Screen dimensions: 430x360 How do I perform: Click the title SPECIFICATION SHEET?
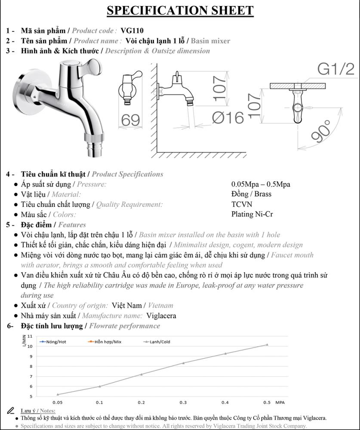coord(180,11)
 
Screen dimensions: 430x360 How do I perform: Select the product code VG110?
coord(132,31)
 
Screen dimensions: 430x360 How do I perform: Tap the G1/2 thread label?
coord(335,69)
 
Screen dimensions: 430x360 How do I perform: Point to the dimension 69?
coord(131,120)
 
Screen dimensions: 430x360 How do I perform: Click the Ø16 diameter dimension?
coord(228,117)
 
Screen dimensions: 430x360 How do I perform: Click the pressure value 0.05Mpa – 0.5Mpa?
coord(261,184)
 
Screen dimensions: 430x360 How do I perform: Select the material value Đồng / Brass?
coord(251,194)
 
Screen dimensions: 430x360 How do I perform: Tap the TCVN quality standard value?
coord(242,204)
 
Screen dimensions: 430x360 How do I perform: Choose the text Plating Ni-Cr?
coord(252,214)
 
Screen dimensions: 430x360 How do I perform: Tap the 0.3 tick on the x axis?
coord(183,402)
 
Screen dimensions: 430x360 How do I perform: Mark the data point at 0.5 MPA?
coord(267,344)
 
